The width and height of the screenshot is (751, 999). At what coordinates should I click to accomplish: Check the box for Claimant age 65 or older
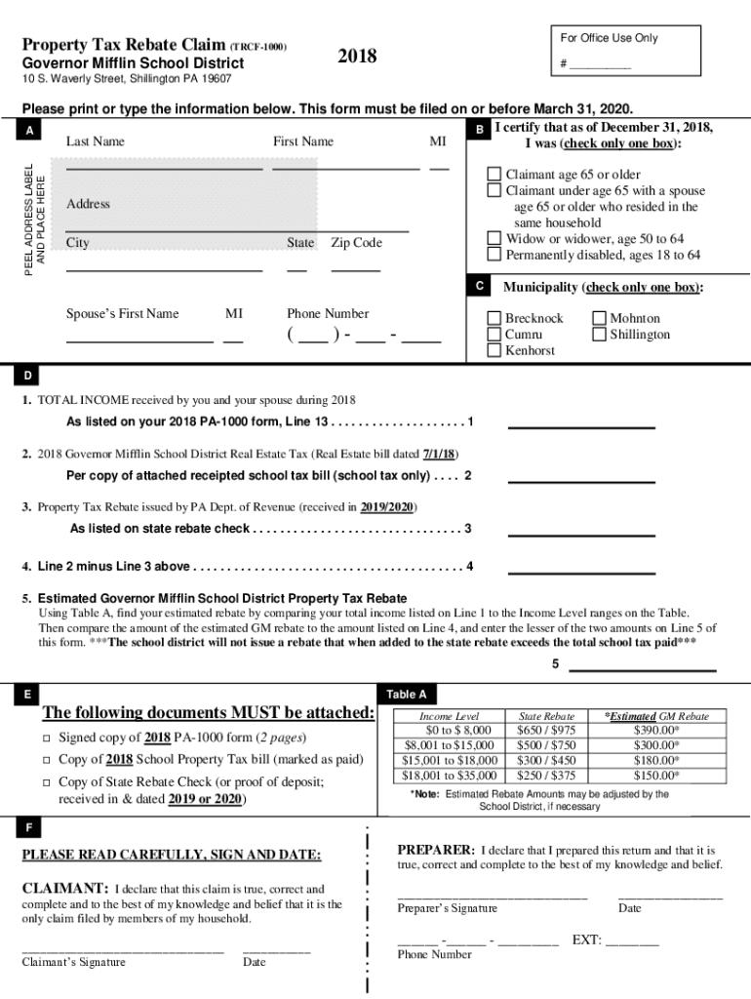494,175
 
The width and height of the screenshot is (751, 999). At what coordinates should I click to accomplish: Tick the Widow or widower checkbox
494,238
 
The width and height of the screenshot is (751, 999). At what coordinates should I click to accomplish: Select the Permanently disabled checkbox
494,255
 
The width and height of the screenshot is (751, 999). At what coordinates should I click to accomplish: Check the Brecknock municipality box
494,318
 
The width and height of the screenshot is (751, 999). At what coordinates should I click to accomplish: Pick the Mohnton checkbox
599,318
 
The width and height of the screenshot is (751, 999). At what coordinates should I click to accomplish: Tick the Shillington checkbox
599,335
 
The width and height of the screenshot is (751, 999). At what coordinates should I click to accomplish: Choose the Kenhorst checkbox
494,350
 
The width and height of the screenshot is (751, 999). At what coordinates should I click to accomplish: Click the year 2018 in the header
357,56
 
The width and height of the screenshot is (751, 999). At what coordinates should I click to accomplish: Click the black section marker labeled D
28,375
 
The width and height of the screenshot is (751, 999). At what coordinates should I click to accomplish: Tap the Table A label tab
407,695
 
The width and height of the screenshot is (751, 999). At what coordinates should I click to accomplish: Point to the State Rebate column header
546,716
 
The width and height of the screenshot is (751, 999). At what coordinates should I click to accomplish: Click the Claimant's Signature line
123,947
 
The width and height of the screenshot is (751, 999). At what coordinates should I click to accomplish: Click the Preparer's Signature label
447,908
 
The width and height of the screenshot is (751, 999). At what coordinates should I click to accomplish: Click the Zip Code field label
356,243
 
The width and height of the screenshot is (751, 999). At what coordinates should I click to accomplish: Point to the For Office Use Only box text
609,38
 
